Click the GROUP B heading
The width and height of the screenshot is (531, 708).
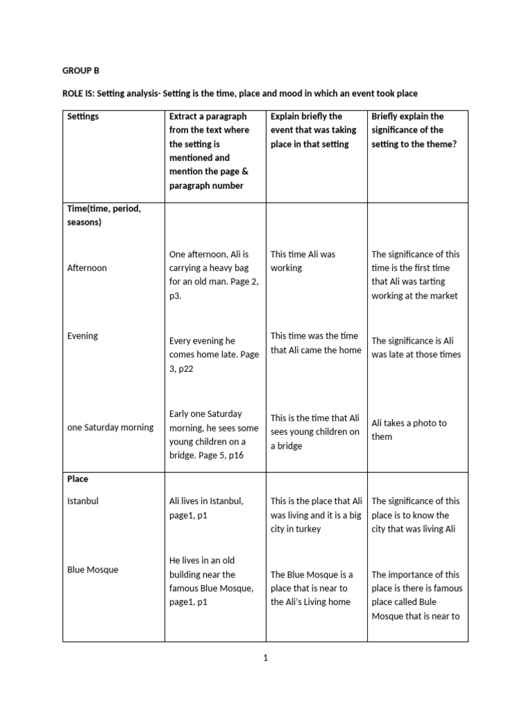(x=81, y=71)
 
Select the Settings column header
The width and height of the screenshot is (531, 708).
(x=83, y=116)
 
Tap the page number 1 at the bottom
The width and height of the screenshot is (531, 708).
(x=265, y=658)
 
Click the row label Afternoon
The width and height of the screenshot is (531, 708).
(x=87, y=268)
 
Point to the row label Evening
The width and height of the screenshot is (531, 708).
(x=82, y=336)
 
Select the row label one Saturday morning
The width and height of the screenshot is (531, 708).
(x=110, y=427)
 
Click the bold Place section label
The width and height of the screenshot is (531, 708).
(x=77, y=478)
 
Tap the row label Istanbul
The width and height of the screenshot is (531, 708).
(x=83, y=501)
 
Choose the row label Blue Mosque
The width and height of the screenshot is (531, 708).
(x=93, y=570)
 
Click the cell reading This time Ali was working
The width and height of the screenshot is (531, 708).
(x=303, y=261)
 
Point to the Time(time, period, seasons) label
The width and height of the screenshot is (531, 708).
(x=104, y=215)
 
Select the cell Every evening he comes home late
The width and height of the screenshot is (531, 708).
(x=214, y=354)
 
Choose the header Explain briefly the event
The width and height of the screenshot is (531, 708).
(x=313, y=130)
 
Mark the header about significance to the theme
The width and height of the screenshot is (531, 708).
(x=414, y=130)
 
